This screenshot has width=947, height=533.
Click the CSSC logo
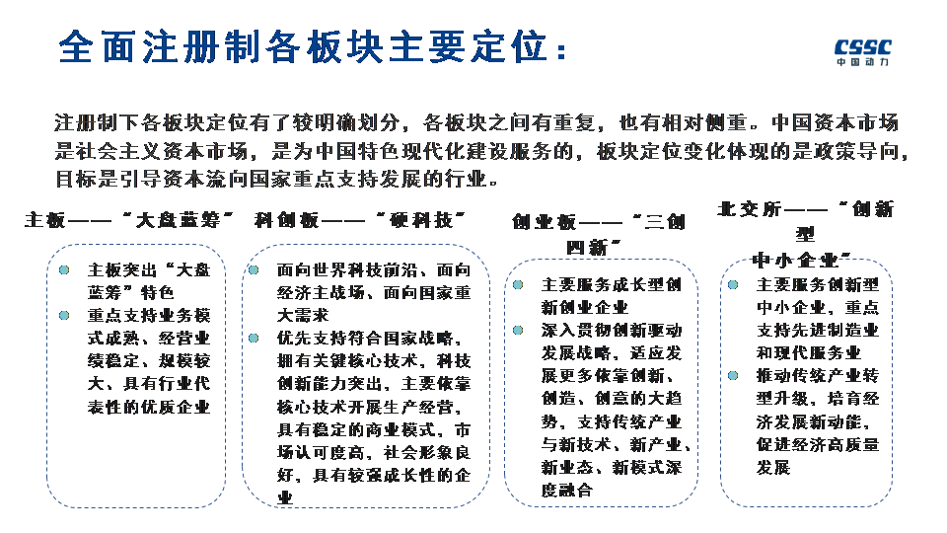tap(861, 50)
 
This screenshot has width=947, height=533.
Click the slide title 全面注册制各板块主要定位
tap(314, 47)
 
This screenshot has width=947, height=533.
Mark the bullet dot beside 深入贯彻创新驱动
tap(518, 330)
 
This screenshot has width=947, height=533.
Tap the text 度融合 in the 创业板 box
tap(567, 491)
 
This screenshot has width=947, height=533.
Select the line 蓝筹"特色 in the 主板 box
tap(130, 293)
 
